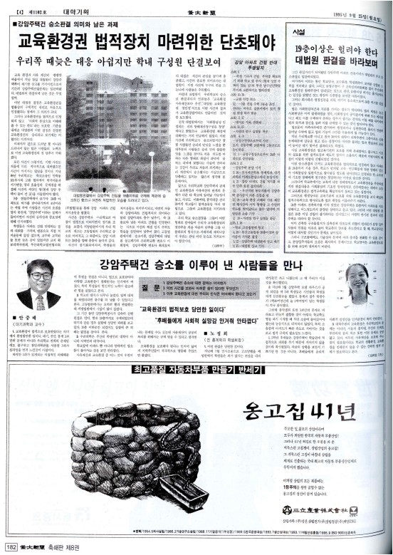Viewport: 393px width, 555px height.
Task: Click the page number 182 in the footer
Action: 11,547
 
